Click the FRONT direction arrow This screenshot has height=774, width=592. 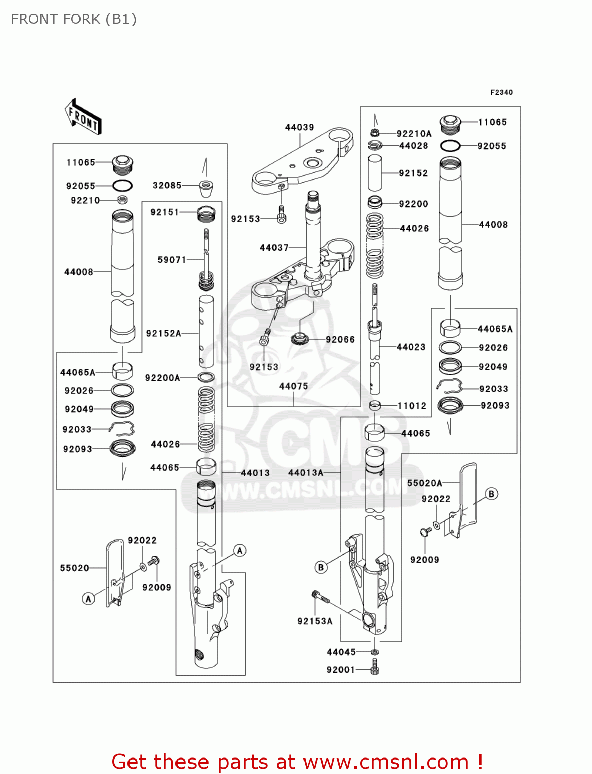click(83, 117)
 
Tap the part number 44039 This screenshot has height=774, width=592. click(299, 127)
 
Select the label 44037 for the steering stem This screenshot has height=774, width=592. click(274, 248)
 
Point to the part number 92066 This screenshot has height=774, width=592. click(340, 340)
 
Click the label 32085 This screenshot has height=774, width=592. click(167, 185)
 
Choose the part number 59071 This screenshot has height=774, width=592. click(171, 260)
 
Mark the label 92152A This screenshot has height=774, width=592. click(164, 333)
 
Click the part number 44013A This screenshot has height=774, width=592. click(306, 472)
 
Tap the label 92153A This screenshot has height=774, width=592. click(315, 621)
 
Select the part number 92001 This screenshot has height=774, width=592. click(341, 670)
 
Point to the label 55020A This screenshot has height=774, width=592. click(424, 483)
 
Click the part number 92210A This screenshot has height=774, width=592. click(414, 134)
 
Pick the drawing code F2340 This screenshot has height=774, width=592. click(501, 92)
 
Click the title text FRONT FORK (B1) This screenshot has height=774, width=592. click(74, 19)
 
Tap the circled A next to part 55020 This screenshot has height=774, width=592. click(89, 599)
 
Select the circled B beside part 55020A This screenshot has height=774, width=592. click(491, 494)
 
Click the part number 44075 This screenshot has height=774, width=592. click(293, 386)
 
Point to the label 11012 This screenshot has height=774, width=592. click(412, 406)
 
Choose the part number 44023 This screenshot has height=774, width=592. click(411, 347)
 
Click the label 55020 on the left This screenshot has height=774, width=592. click(74, 568)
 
